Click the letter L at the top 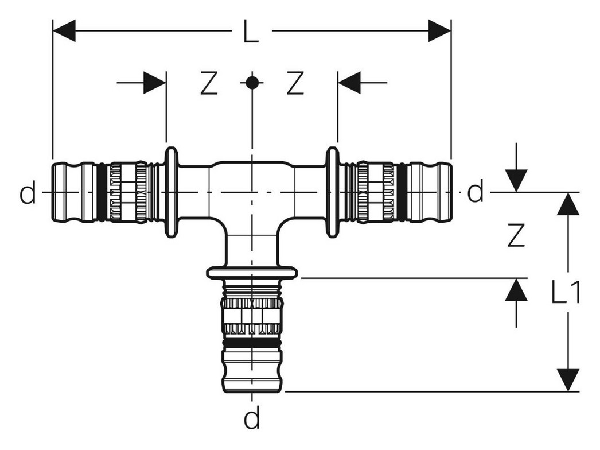click(251, 30)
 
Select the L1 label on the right click(566, 292)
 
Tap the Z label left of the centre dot click(209, 83)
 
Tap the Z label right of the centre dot click(295, 83)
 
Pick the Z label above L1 click(516, 235)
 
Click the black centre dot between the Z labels click(251, 82)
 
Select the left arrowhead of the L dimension click(64, 30)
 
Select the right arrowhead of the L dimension click(439, 30)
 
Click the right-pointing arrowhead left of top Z click(155, 82)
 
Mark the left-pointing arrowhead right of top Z click(349, 82)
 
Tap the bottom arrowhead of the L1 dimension click(568, 380)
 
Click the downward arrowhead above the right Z click(516, 180)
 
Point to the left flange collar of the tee click(171, 192)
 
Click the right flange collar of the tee click(332, 192)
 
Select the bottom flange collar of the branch click(252, 272)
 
